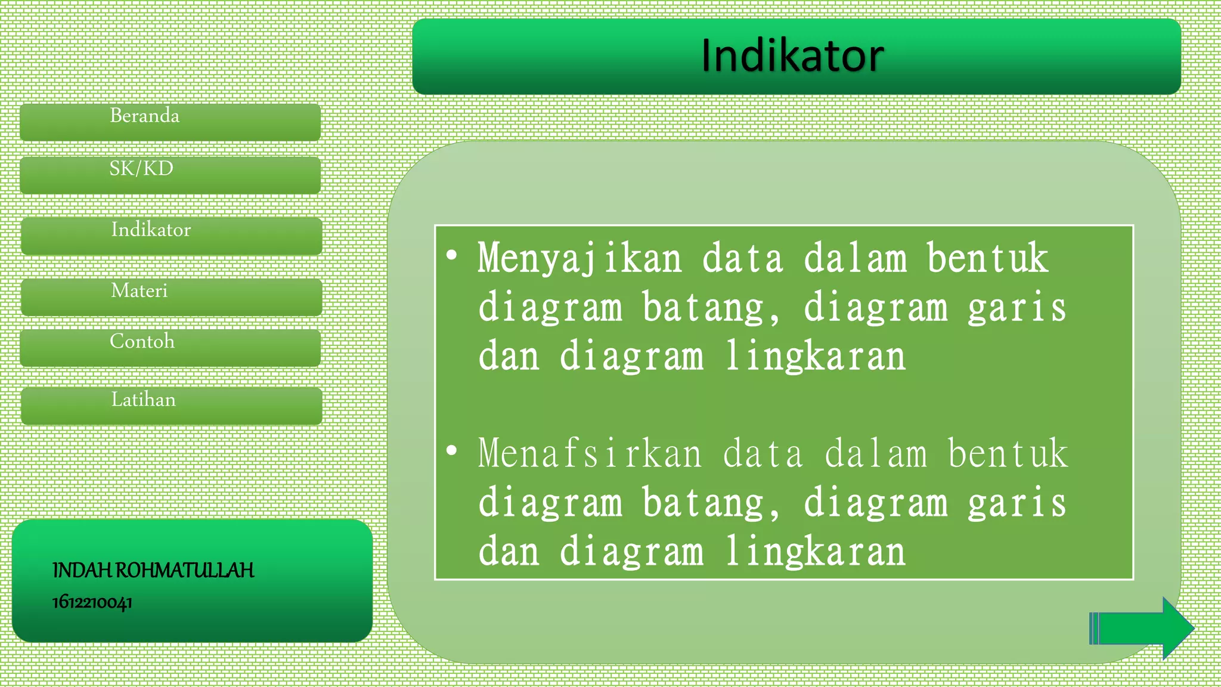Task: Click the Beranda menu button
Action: click(x=170, y=122)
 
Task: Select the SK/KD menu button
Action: click(x=170, y=175)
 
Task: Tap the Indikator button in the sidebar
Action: click(x=171, y=236)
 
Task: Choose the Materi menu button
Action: click(x=171, y=296)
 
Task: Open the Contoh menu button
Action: click(x=170, y=348)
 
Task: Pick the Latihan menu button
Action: click(x=171, y=406)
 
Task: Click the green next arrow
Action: click(x=1141, y=628)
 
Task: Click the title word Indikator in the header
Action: click(x=792, y=56)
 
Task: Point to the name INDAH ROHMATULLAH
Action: click(x=153, y=571)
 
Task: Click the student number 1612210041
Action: click(x=92, y=602)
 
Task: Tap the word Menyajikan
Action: click(x=579, y=259)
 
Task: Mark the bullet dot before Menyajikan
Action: click(x=452, y=256)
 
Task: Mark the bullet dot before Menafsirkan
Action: click(x=452, y=450)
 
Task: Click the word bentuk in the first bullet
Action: click(x=987, y=259)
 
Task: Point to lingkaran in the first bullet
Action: click(x=815, y=357)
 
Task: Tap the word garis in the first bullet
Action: click(x=1017, y=308)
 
